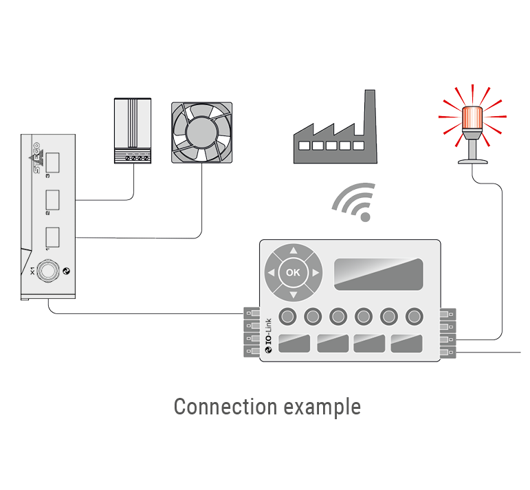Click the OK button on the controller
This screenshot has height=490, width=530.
point(293,272)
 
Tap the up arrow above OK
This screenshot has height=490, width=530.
point(293,251)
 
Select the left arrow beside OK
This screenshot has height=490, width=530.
point(271,273)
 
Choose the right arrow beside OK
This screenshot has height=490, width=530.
point(315,273)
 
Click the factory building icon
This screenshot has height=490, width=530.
point(335,137)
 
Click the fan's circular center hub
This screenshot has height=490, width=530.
point(201,132)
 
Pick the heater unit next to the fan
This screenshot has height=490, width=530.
point(132,130)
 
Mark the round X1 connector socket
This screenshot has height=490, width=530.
point(47,271)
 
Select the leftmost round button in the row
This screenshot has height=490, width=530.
point(289,315)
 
